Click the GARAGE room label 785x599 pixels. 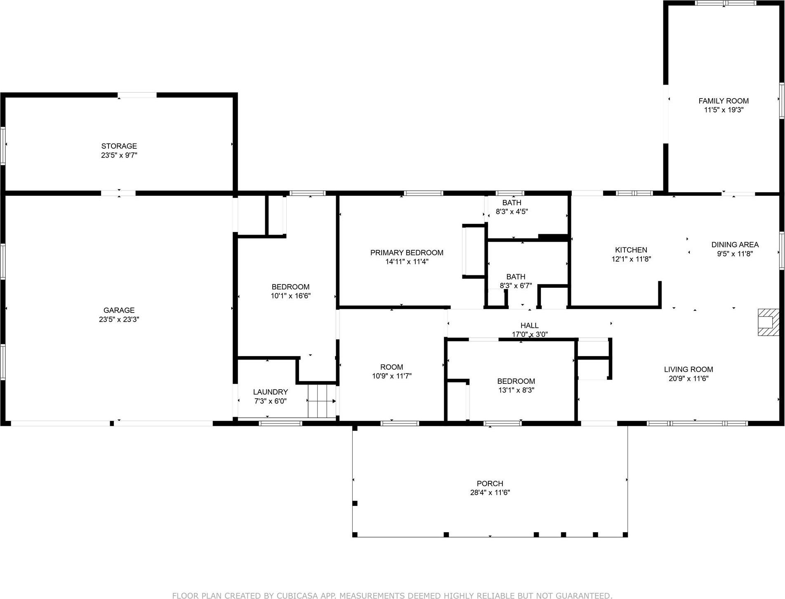point(119,310)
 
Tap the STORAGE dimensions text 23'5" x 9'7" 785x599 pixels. point(119,155)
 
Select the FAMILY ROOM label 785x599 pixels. point(723,101)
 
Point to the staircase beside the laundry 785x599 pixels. point(322,401)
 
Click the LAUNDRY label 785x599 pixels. point(270,392)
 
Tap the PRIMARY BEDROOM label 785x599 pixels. point(406,252)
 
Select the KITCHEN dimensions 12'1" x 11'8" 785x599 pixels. point(631,259)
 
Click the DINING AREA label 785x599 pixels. point(735,244)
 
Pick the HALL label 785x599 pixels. point(529,325)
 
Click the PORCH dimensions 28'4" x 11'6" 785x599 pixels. point(490,492)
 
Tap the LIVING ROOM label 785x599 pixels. point(688,369)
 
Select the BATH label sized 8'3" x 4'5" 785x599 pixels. point(512,202)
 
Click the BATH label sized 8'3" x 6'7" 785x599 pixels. point(516,277)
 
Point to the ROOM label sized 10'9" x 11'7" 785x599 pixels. point(391,367)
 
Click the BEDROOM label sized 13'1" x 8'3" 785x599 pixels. point(516,381)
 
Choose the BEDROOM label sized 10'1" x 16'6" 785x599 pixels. point(290,287)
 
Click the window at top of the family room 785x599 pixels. point(725,3)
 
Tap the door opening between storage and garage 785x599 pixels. point(118,193)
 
